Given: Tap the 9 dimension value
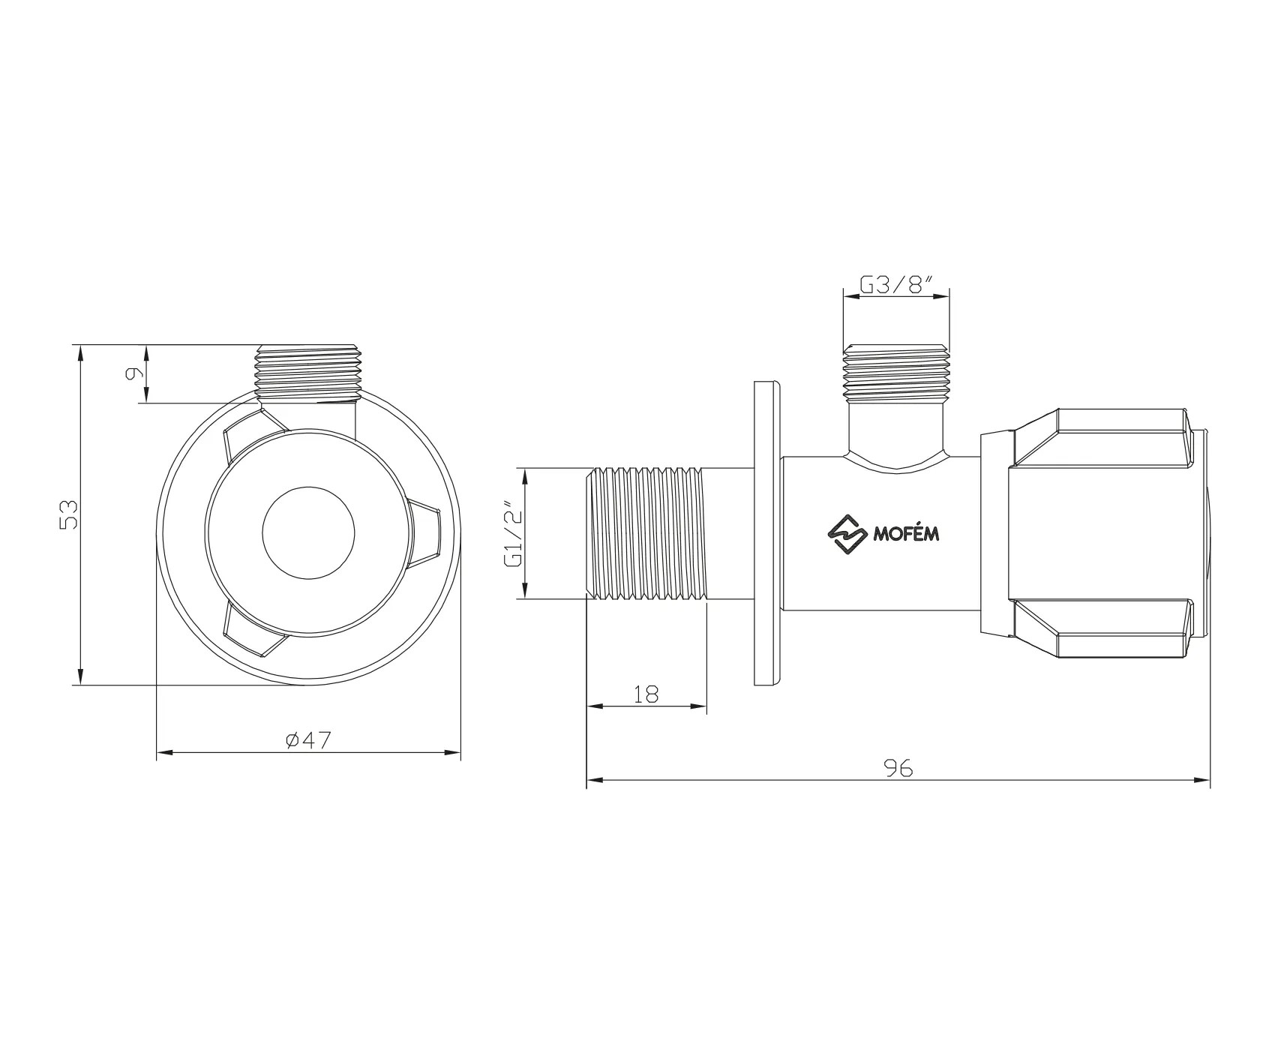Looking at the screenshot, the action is pyautogui.click(x=134, y=373).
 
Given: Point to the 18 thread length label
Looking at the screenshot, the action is pyautogui.click(x=646, y=694).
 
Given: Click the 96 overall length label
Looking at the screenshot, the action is pyautogui.click(x=898, y=768).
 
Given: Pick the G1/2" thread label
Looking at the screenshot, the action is pyautogui.click(x=513, y=533).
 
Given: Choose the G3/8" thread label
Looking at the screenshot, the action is pyautogui.click(x=896, y=284).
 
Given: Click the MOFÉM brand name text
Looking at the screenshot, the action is pyautogui.click(x=906, y=534).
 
